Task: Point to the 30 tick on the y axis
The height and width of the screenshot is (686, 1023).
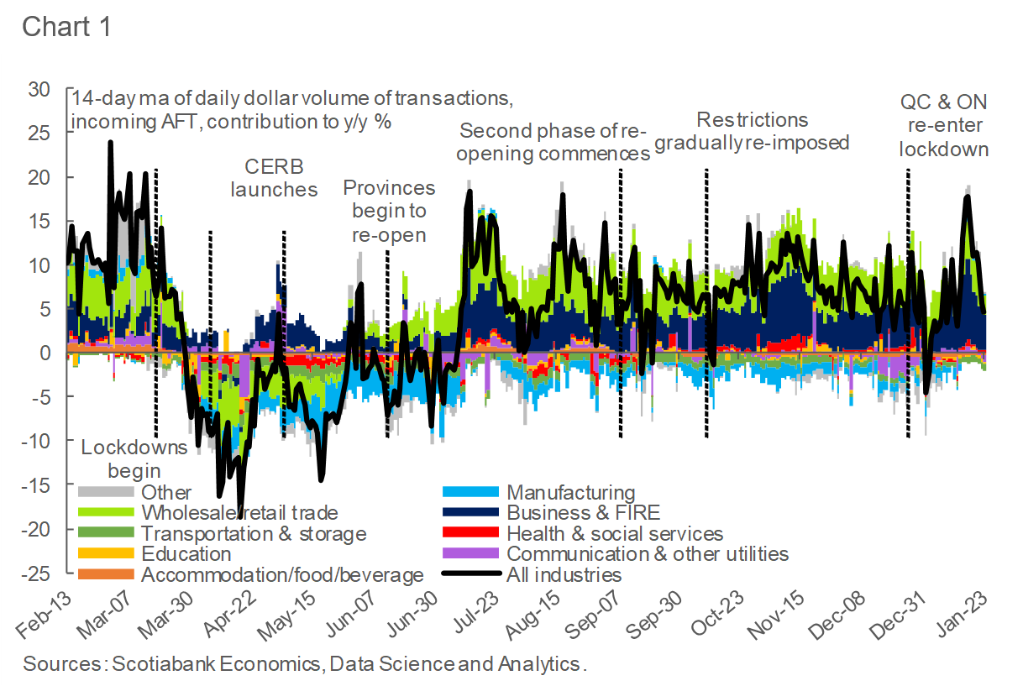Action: pos(39,90)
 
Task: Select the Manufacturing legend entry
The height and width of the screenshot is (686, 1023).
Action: pos(571,492)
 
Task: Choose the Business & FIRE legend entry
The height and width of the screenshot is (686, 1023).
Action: pos(583,513)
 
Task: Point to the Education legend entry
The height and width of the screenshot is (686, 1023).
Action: pos(186,554)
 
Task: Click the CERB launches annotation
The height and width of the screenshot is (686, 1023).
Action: pos(274,177)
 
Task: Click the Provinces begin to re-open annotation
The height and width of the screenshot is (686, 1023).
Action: pos(389,211)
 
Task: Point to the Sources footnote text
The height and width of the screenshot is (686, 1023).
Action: pos(305,663)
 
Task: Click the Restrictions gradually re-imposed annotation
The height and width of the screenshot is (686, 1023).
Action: pos(752,131)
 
